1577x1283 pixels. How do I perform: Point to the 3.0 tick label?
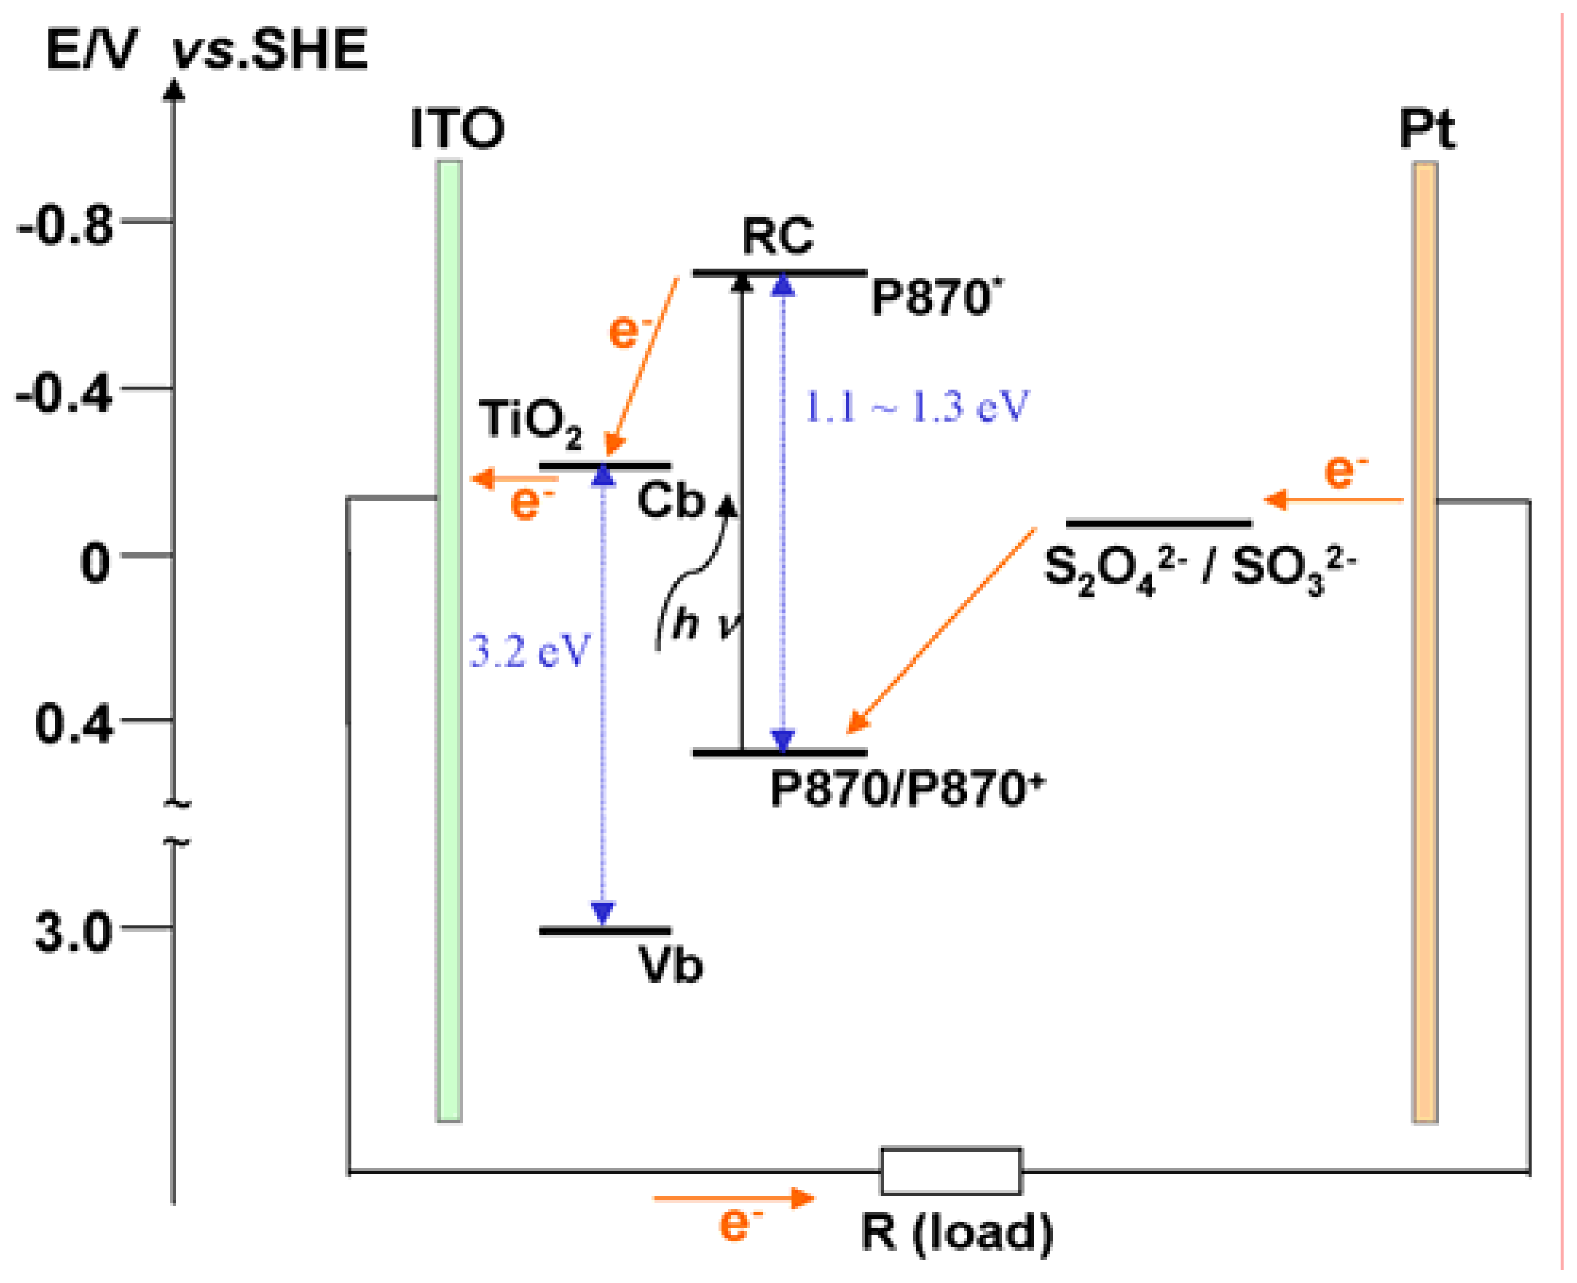(x=74, y=932)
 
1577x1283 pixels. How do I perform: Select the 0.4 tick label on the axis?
(x=74, y=724)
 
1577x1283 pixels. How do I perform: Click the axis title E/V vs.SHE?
(x=207, y=51)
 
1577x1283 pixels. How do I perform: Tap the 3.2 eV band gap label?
(x=529, y=652)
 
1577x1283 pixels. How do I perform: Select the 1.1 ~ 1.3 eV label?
(x=916, y=406)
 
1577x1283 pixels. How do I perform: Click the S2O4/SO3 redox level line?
(x=1159, y=524)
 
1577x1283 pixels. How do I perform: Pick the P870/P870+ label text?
(x=907, y=789)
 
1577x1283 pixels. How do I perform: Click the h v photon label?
(x=705, y=625)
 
